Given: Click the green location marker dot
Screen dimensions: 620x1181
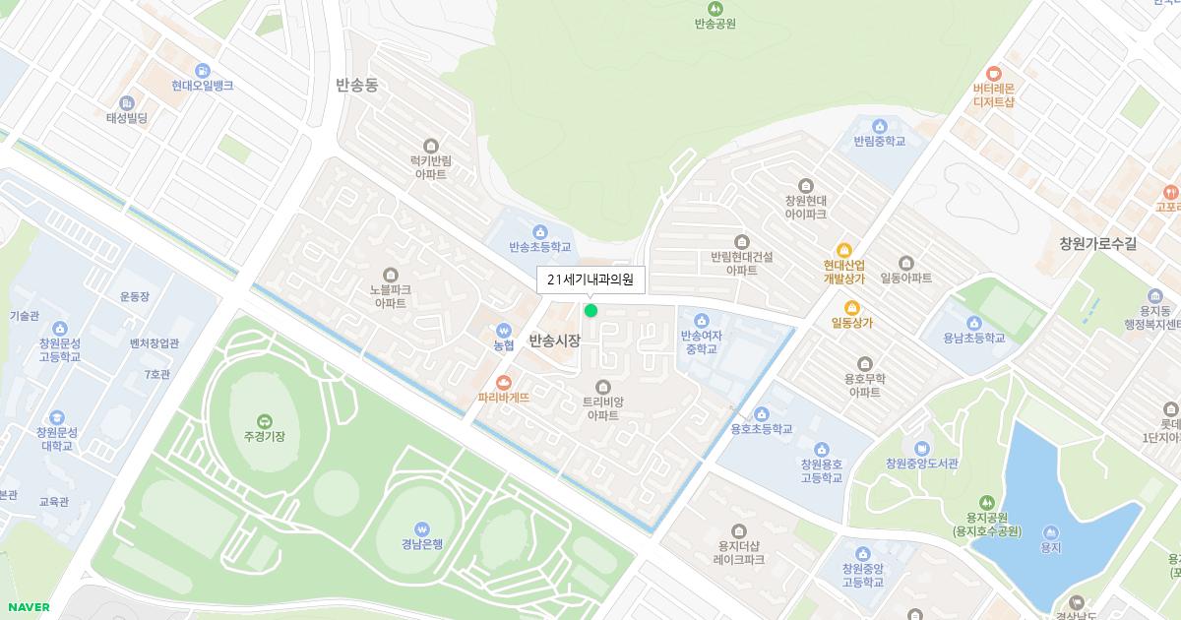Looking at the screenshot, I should point(590,310).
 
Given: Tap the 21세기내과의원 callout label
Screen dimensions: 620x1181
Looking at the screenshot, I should point(590,279).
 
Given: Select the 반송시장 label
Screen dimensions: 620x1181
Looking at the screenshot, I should point(554,341).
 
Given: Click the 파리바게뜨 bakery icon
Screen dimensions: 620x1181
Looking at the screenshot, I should point(504,381).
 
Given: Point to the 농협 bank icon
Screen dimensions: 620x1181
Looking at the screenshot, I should point(504,330).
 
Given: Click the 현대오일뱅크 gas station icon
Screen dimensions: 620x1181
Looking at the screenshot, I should point(203,70).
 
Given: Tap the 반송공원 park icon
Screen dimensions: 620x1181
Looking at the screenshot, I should point(715,7).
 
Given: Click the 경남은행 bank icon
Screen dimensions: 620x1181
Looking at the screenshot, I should point(422,527).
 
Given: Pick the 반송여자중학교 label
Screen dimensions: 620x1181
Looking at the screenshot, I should point(701,341).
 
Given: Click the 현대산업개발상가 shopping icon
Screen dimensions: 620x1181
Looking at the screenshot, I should point(843,250).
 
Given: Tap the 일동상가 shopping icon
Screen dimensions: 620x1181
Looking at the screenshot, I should point(852,306).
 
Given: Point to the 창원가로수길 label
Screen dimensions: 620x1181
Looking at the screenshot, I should point(1097,243).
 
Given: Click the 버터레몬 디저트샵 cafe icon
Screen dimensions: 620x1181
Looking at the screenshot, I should point(993,72).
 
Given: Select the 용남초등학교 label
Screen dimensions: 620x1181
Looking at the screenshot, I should point(973,338).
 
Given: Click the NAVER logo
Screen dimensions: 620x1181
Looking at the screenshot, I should point(27,607).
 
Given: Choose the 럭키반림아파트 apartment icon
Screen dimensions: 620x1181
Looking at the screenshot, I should point(429,146).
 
